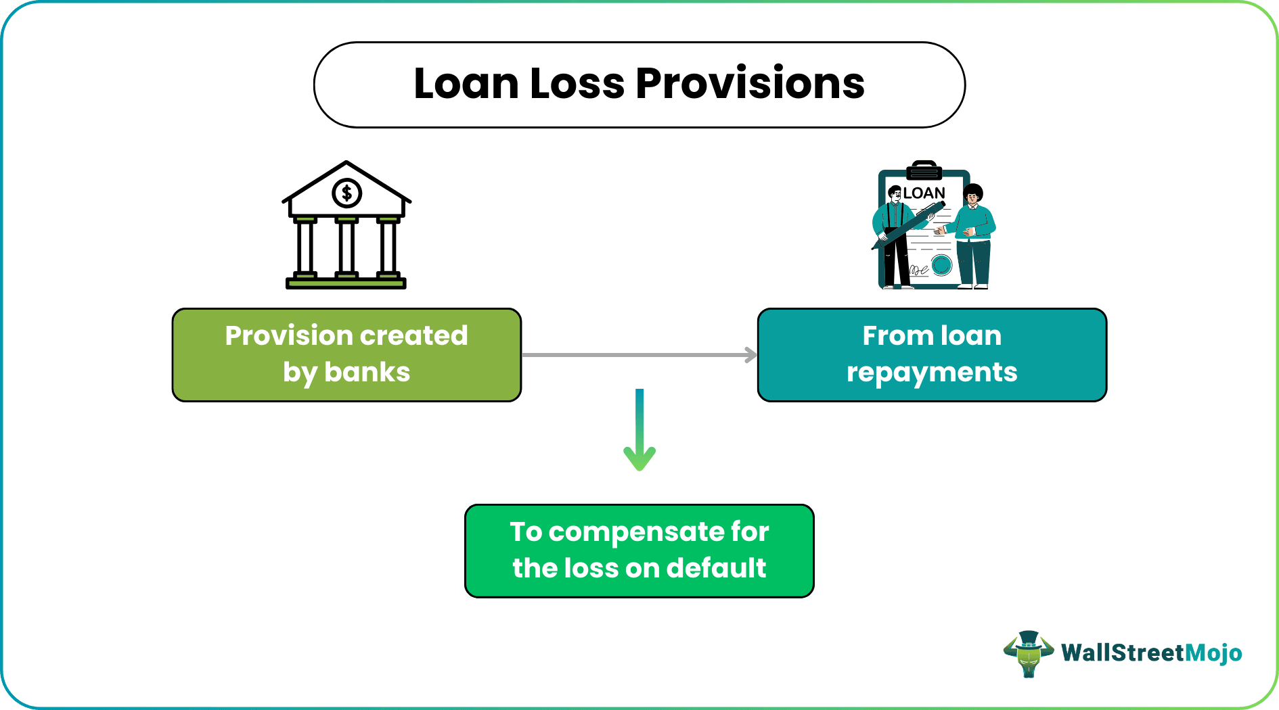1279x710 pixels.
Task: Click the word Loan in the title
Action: [466, 84]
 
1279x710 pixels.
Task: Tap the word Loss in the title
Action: [577, 84]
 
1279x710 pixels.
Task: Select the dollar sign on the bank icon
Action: [346, 193]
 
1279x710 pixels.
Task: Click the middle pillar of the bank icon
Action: [346, 247]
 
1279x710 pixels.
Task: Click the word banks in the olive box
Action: [367, 373]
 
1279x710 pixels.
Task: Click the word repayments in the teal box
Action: [932, 373]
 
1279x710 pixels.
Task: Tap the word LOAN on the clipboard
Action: [924, 193]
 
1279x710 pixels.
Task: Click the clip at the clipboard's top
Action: [924, 169]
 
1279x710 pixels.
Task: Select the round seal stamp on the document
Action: [941, 264]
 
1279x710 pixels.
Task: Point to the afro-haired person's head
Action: [973, 194]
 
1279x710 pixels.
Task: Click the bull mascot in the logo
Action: [1028, 653]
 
